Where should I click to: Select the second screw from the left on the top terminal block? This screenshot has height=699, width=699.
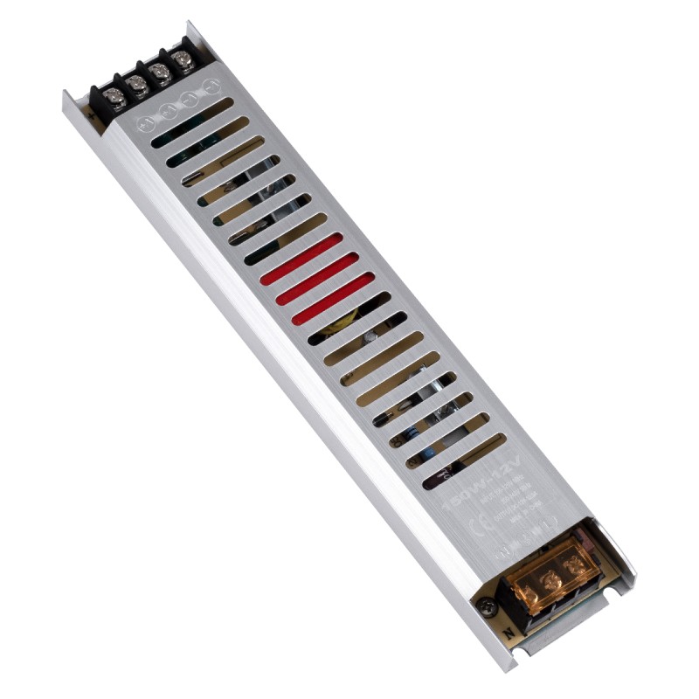(136, 82)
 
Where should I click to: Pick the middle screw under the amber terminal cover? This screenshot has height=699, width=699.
(550, 580)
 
